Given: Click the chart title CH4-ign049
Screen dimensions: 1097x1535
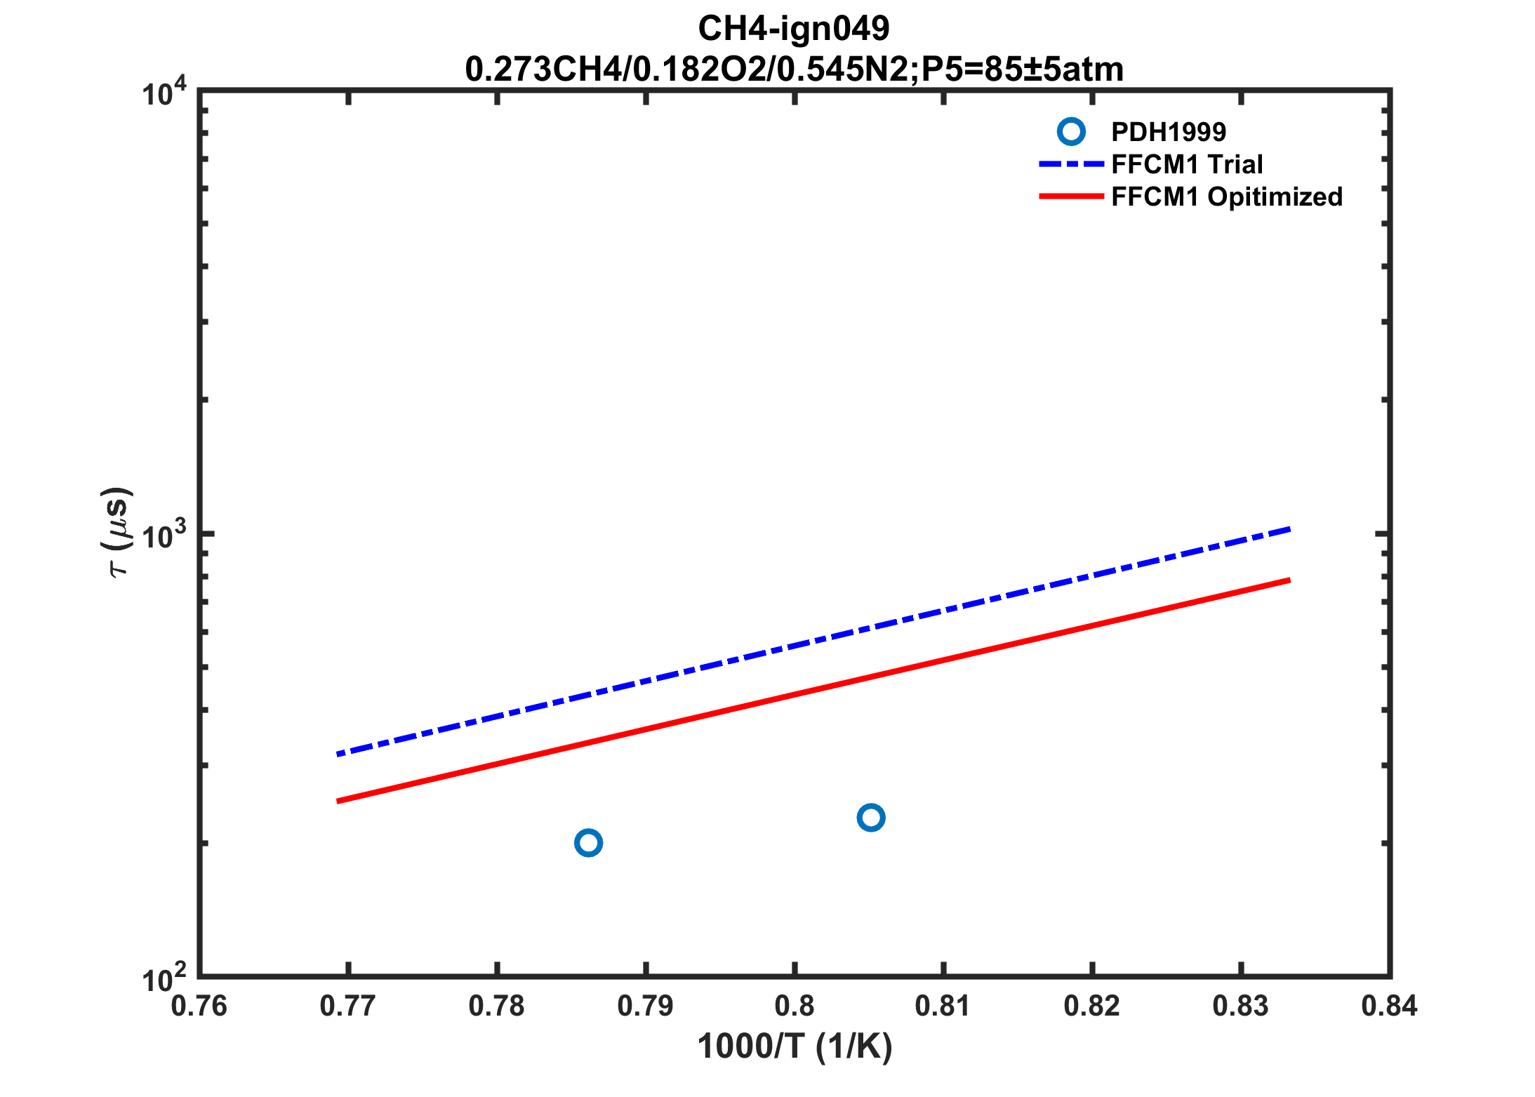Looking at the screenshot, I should click(793, 29).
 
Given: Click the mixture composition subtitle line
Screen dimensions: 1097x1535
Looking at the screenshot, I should click(794, 69).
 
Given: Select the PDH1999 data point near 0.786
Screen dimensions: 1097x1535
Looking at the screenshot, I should click(588, 842).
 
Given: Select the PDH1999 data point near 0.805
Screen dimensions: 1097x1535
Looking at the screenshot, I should click(871, 818).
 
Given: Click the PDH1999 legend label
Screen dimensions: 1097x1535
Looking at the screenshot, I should click(1169, 132).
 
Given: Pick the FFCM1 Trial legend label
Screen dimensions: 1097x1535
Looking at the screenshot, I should click(1187, 164).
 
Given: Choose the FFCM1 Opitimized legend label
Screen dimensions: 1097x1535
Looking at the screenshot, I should click(1227, 197).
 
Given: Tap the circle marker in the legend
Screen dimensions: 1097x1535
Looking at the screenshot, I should click(1071, 131).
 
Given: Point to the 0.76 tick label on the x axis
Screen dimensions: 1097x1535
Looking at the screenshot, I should click(199, 1006).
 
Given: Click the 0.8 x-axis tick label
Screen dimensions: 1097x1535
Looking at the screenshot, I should click(795, 1006).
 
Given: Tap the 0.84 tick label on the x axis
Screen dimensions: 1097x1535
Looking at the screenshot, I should click(1390, 1006).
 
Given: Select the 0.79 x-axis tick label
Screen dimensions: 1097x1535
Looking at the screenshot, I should click(646, 1006).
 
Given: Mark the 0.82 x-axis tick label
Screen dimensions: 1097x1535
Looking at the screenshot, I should click(1092, 1006).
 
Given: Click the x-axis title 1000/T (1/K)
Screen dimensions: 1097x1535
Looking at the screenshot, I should click(795, 1046).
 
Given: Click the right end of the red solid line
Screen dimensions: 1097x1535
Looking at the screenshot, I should click(1289, 580).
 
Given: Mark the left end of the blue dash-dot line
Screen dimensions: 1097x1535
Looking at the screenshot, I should click(339, 754).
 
